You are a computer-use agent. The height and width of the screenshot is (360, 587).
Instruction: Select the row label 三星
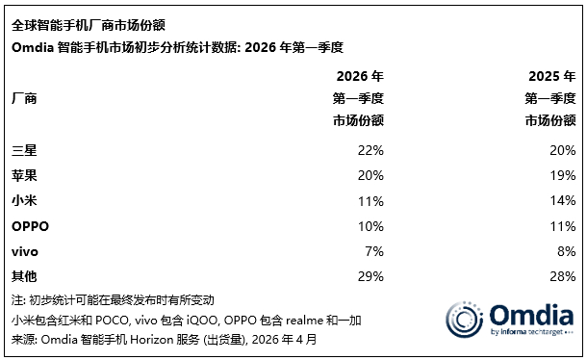point(25,151)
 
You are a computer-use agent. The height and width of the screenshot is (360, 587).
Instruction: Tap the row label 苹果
point(25,176)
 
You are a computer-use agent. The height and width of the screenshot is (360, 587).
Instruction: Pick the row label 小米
point(25,202)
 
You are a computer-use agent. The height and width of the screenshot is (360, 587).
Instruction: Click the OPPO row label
point(30,227)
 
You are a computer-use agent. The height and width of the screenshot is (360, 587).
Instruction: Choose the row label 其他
point(25,277)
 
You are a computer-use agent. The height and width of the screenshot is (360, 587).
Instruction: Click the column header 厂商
point(25,98)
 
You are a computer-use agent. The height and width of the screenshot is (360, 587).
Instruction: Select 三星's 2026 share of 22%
point(370,151)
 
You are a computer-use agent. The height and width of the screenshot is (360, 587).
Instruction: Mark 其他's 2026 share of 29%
point(370,277)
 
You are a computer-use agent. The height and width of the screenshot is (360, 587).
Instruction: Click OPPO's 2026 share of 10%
point(370,227)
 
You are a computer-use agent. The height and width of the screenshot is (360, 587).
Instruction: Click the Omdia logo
point(510,320)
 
